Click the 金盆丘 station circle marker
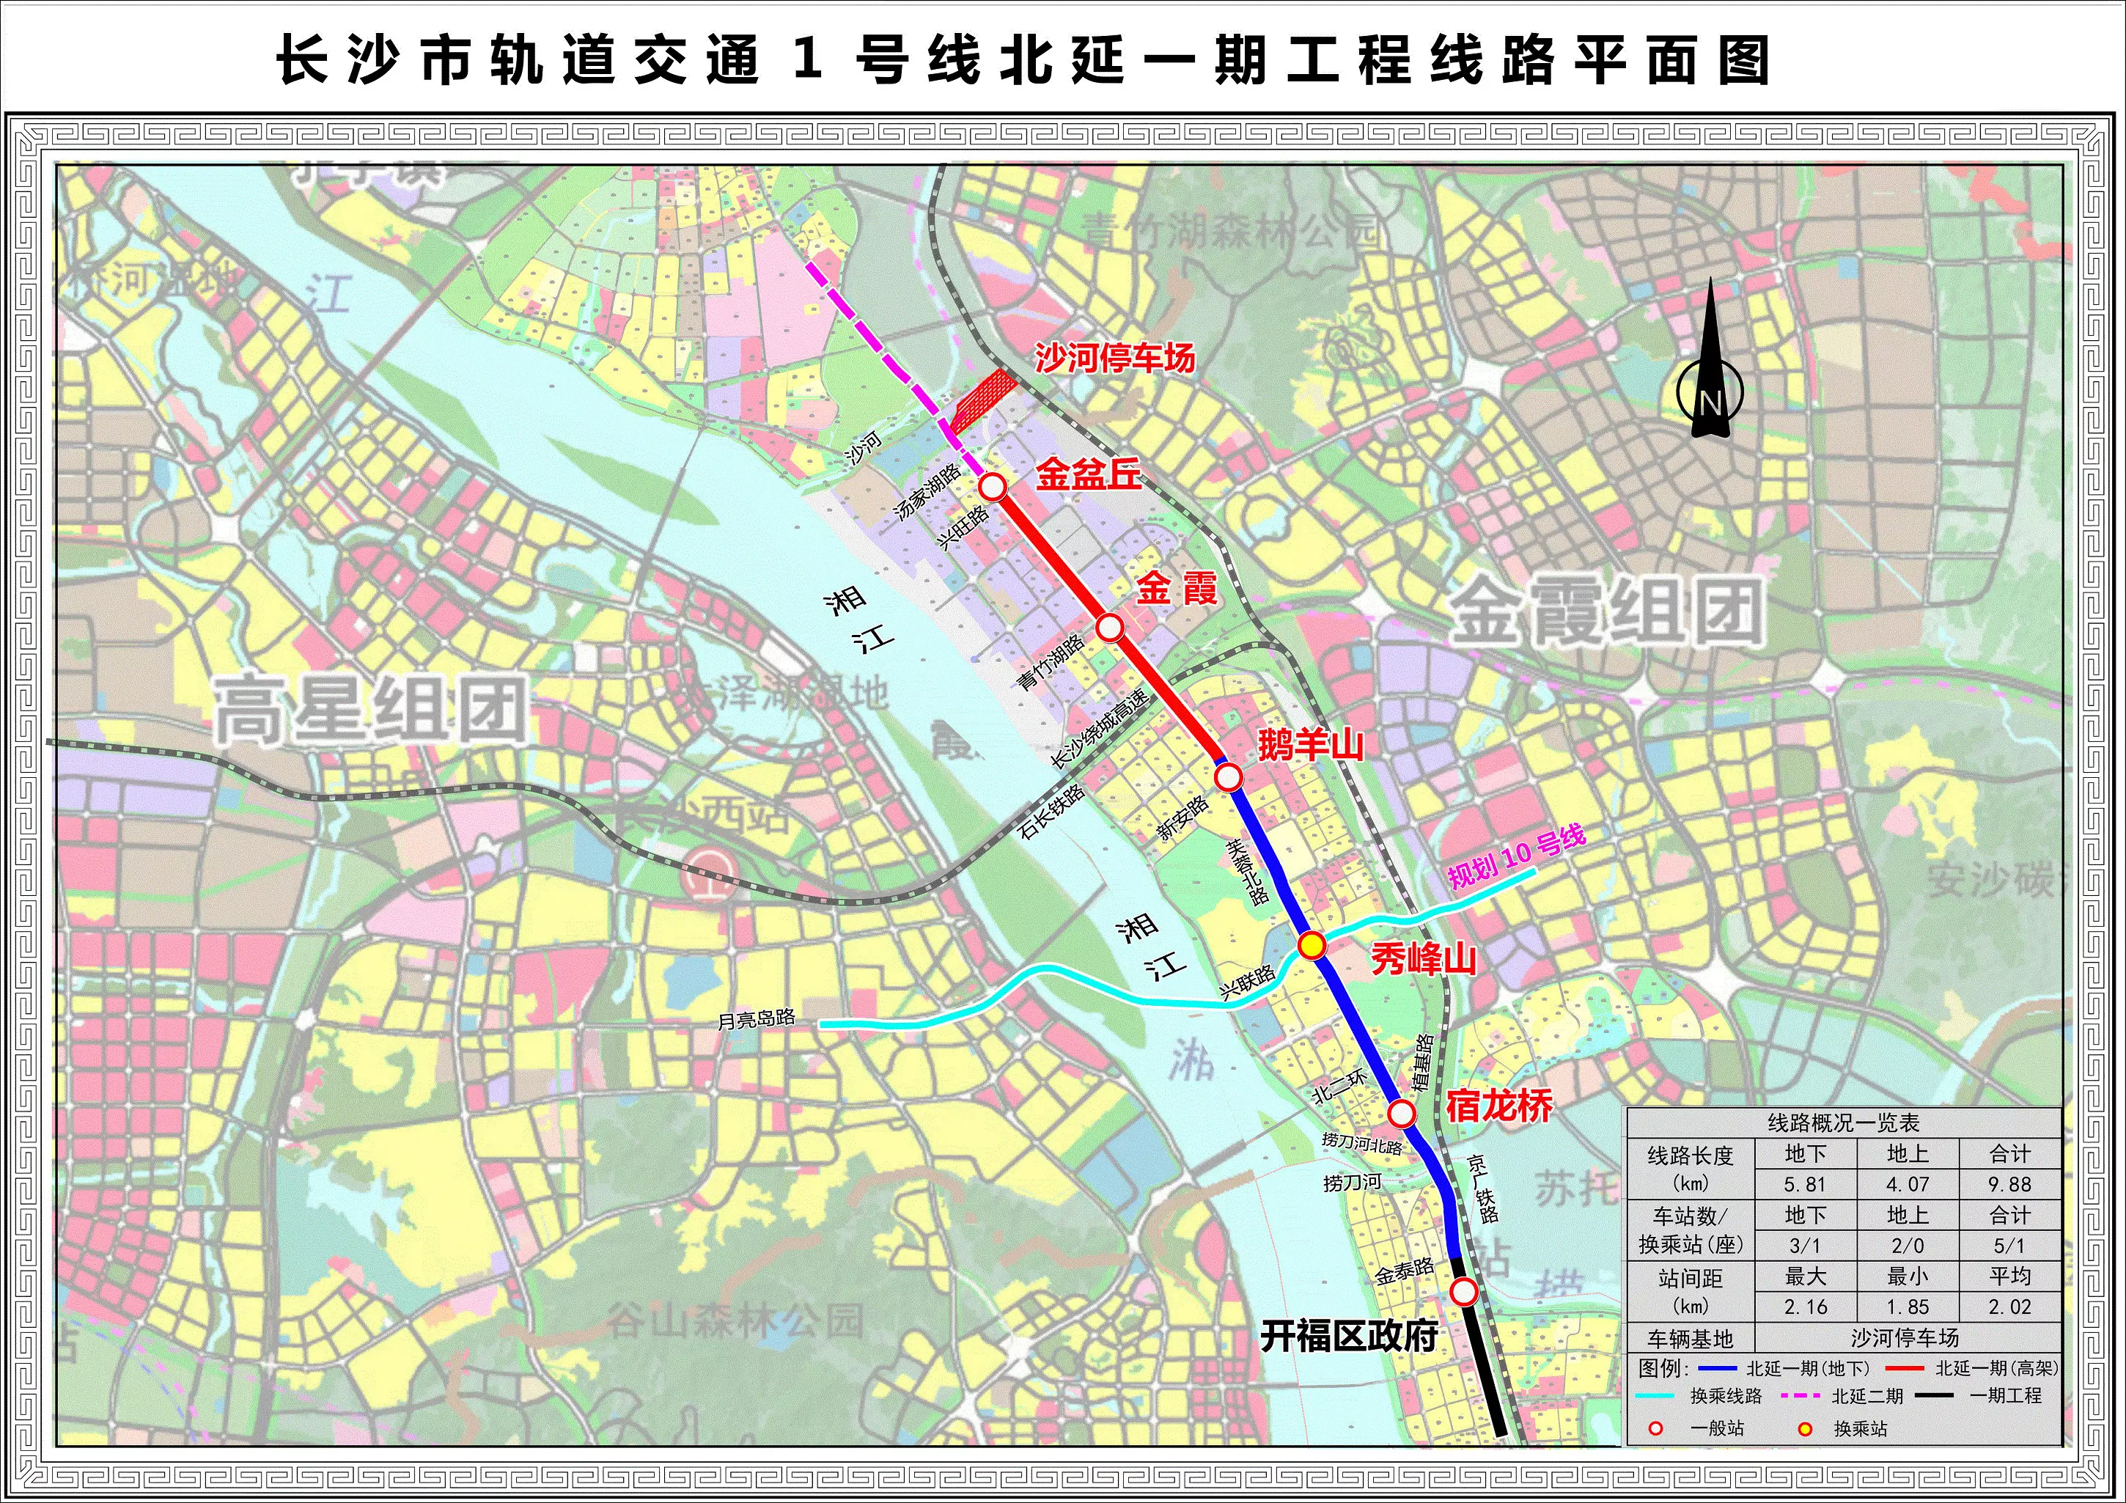[x=993, y=487]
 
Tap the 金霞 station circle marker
[x=1110, y=628]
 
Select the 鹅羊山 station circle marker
[x=1228, y=777]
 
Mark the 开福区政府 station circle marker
[x=1464, y=1291]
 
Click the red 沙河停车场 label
[x=1115, y=358]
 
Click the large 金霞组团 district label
[x=1605, y=612]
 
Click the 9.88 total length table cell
[x=2009, y=1184]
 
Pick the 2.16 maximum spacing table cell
[x=1805, y=1307]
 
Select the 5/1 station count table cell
[x=2009, y=1246]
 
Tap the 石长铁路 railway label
[x=1052, y=812]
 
